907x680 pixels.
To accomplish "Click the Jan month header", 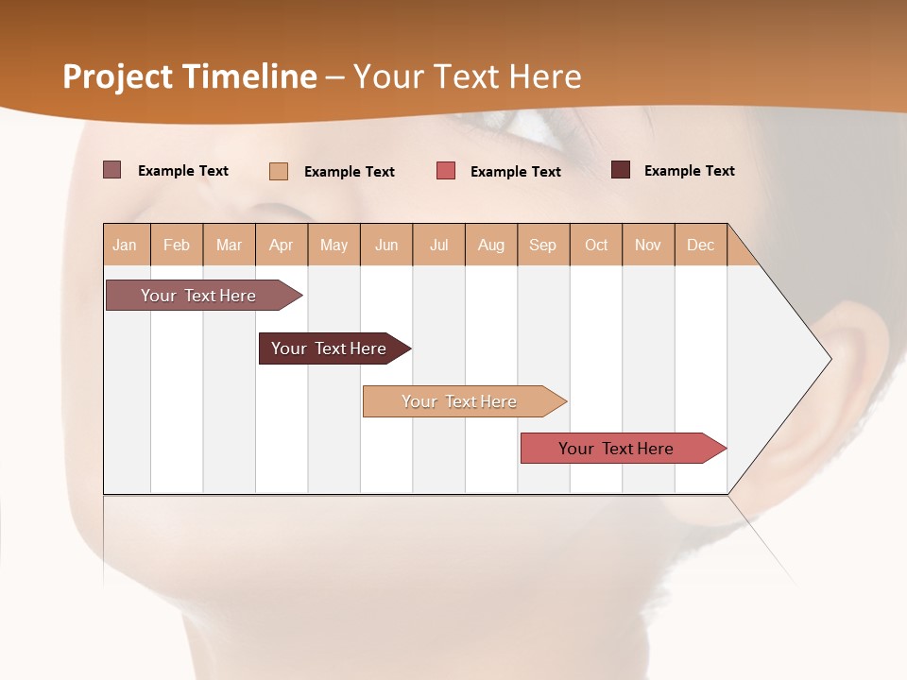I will (x=126, y=245).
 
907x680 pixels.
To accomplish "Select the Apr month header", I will (x=282, y=245).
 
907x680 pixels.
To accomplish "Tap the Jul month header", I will (x=438, y=245).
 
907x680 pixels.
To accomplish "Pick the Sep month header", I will (x=542, y=245).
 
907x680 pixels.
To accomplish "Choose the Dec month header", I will (x=700, y=245).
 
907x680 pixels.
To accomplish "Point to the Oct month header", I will (x=595, y=245).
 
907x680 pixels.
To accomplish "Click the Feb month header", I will (x=177, y=245).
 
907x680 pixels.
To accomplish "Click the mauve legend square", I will (x=111, y=170).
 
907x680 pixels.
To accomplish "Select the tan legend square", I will (x=278, y=171).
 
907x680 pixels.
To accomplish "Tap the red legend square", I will (x=445, y=171).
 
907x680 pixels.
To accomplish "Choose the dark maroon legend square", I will (x=620, y=170).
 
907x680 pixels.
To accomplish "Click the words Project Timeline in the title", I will (x=189, y=76).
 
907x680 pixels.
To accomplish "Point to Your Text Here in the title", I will (x=468, y=76).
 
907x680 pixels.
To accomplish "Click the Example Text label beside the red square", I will (x=515, y=172).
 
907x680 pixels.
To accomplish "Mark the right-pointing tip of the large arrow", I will (x=829, y=359).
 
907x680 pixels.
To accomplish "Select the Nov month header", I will (x=647, y=245).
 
